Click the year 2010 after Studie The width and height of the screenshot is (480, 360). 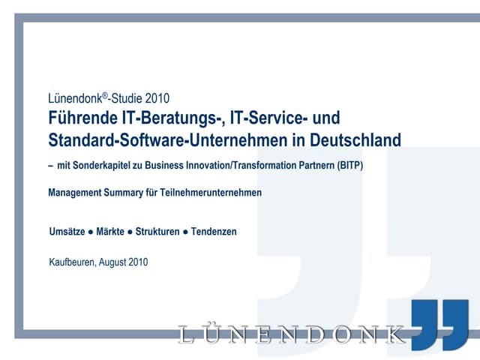pos(157,98)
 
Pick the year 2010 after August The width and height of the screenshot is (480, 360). pos(138,262)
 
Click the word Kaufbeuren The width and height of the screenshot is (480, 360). pos(72,262)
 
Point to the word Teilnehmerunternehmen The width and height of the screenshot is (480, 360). pos(211,193)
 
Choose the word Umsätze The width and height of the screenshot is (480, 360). pos(67,232)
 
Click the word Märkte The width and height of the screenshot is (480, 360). pos(110,232)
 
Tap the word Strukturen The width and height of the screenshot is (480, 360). pos(157,232)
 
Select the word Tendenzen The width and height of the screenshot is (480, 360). pos(214,232)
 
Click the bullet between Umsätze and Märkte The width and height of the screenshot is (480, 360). pos(91,232)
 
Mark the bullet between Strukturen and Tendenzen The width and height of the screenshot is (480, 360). pos(185,232)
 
